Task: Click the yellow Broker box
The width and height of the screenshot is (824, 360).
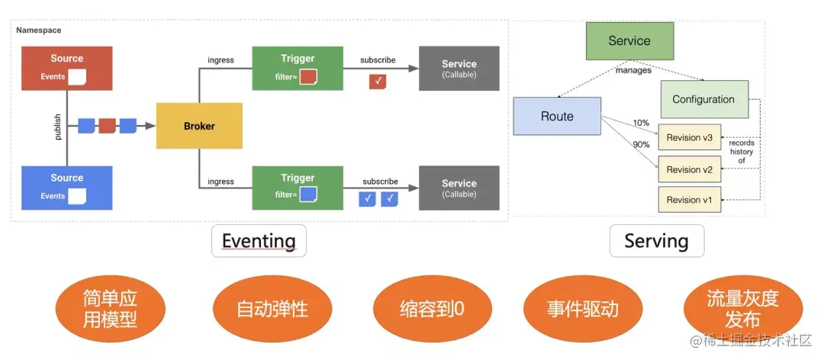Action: click(199, 126)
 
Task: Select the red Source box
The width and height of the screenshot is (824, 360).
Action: click(67, 69)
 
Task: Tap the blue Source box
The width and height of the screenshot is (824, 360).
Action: click(67, 188)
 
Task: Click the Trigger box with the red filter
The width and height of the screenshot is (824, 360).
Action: click(297, 69)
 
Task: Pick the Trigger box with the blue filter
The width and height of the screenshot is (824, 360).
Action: click(297, 188)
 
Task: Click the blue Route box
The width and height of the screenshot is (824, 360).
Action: click(557, 117)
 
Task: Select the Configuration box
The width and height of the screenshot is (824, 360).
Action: click(703, 100)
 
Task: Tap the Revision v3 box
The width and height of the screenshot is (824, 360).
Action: click(689, 137)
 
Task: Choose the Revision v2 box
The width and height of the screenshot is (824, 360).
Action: click(689, 169)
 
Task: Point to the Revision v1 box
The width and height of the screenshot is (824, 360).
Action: click(689, 200)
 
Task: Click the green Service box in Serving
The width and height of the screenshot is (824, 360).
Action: click(629, 41)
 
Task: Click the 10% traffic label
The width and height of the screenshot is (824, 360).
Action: click(641, 123)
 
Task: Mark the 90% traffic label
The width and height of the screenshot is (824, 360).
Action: click(641, 144)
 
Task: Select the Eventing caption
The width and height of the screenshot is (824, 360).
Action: click(259, 241)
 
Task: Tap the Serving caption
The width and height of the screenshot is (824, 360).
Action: click(656, 241)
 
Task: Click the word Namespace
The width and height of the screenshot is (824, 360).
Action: click(39, 30)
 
